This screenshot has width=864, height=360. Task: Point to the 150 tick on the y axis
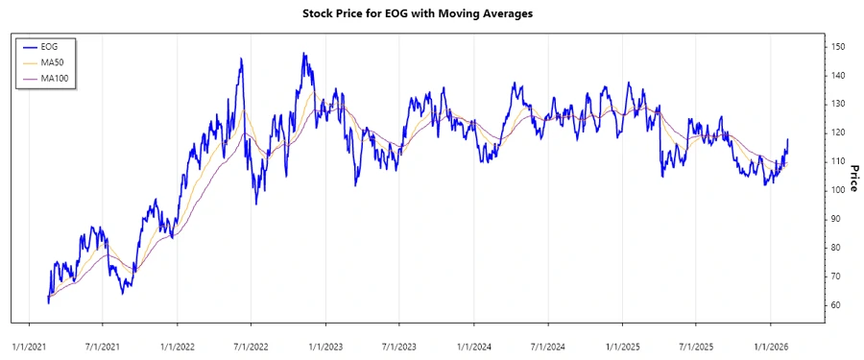pyautogui.click(x=838, y=46)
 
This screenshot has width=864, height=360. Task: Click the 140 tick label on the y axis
pyautogui.click(x=838, y=75)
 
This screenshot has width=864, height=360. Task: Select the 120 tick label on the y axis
pyautogui.click(x=838, y=132)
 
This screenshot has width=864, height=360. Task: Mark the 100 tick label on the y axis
pyautogui.click(x=838, y=190)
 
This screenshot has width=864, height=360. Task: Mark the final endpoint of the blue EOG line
pyautogui.click(x=788, y=140)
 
